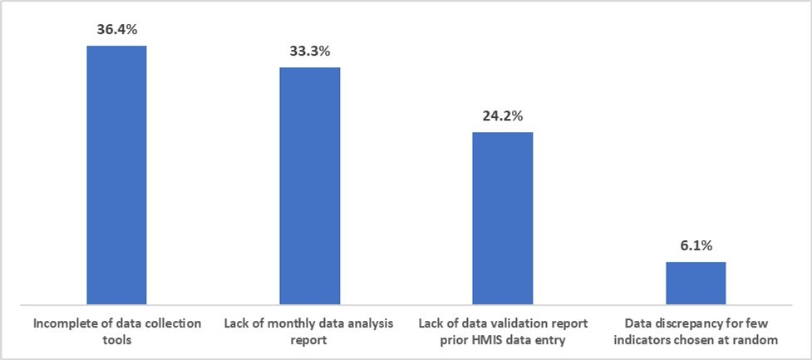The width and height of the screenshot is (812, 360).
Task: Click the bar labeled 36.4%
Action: [x=117, y=175]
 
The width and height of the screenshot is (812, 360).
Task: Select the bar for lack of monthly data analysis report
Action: [x=309, y=185]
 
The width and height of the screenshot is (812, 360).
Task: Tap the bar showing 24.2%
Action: [x=502, y=218]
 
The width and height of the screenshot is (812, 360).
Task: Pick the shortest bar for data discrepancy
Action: [x=696, y=283]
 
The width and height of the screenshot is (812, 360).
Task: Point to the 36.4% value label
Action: [x=117, y=29]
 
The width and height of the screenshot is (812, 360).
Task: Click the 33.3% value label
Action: [x=309, y=52]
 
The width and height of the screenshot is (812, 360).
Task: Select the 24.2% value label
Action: [x=502, y=116]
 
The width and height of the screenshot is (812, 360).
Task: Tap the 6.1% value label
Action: [x=696, y=246]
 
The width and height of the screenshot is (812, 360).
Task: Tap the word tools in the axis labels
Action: [x=116, y=340]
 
